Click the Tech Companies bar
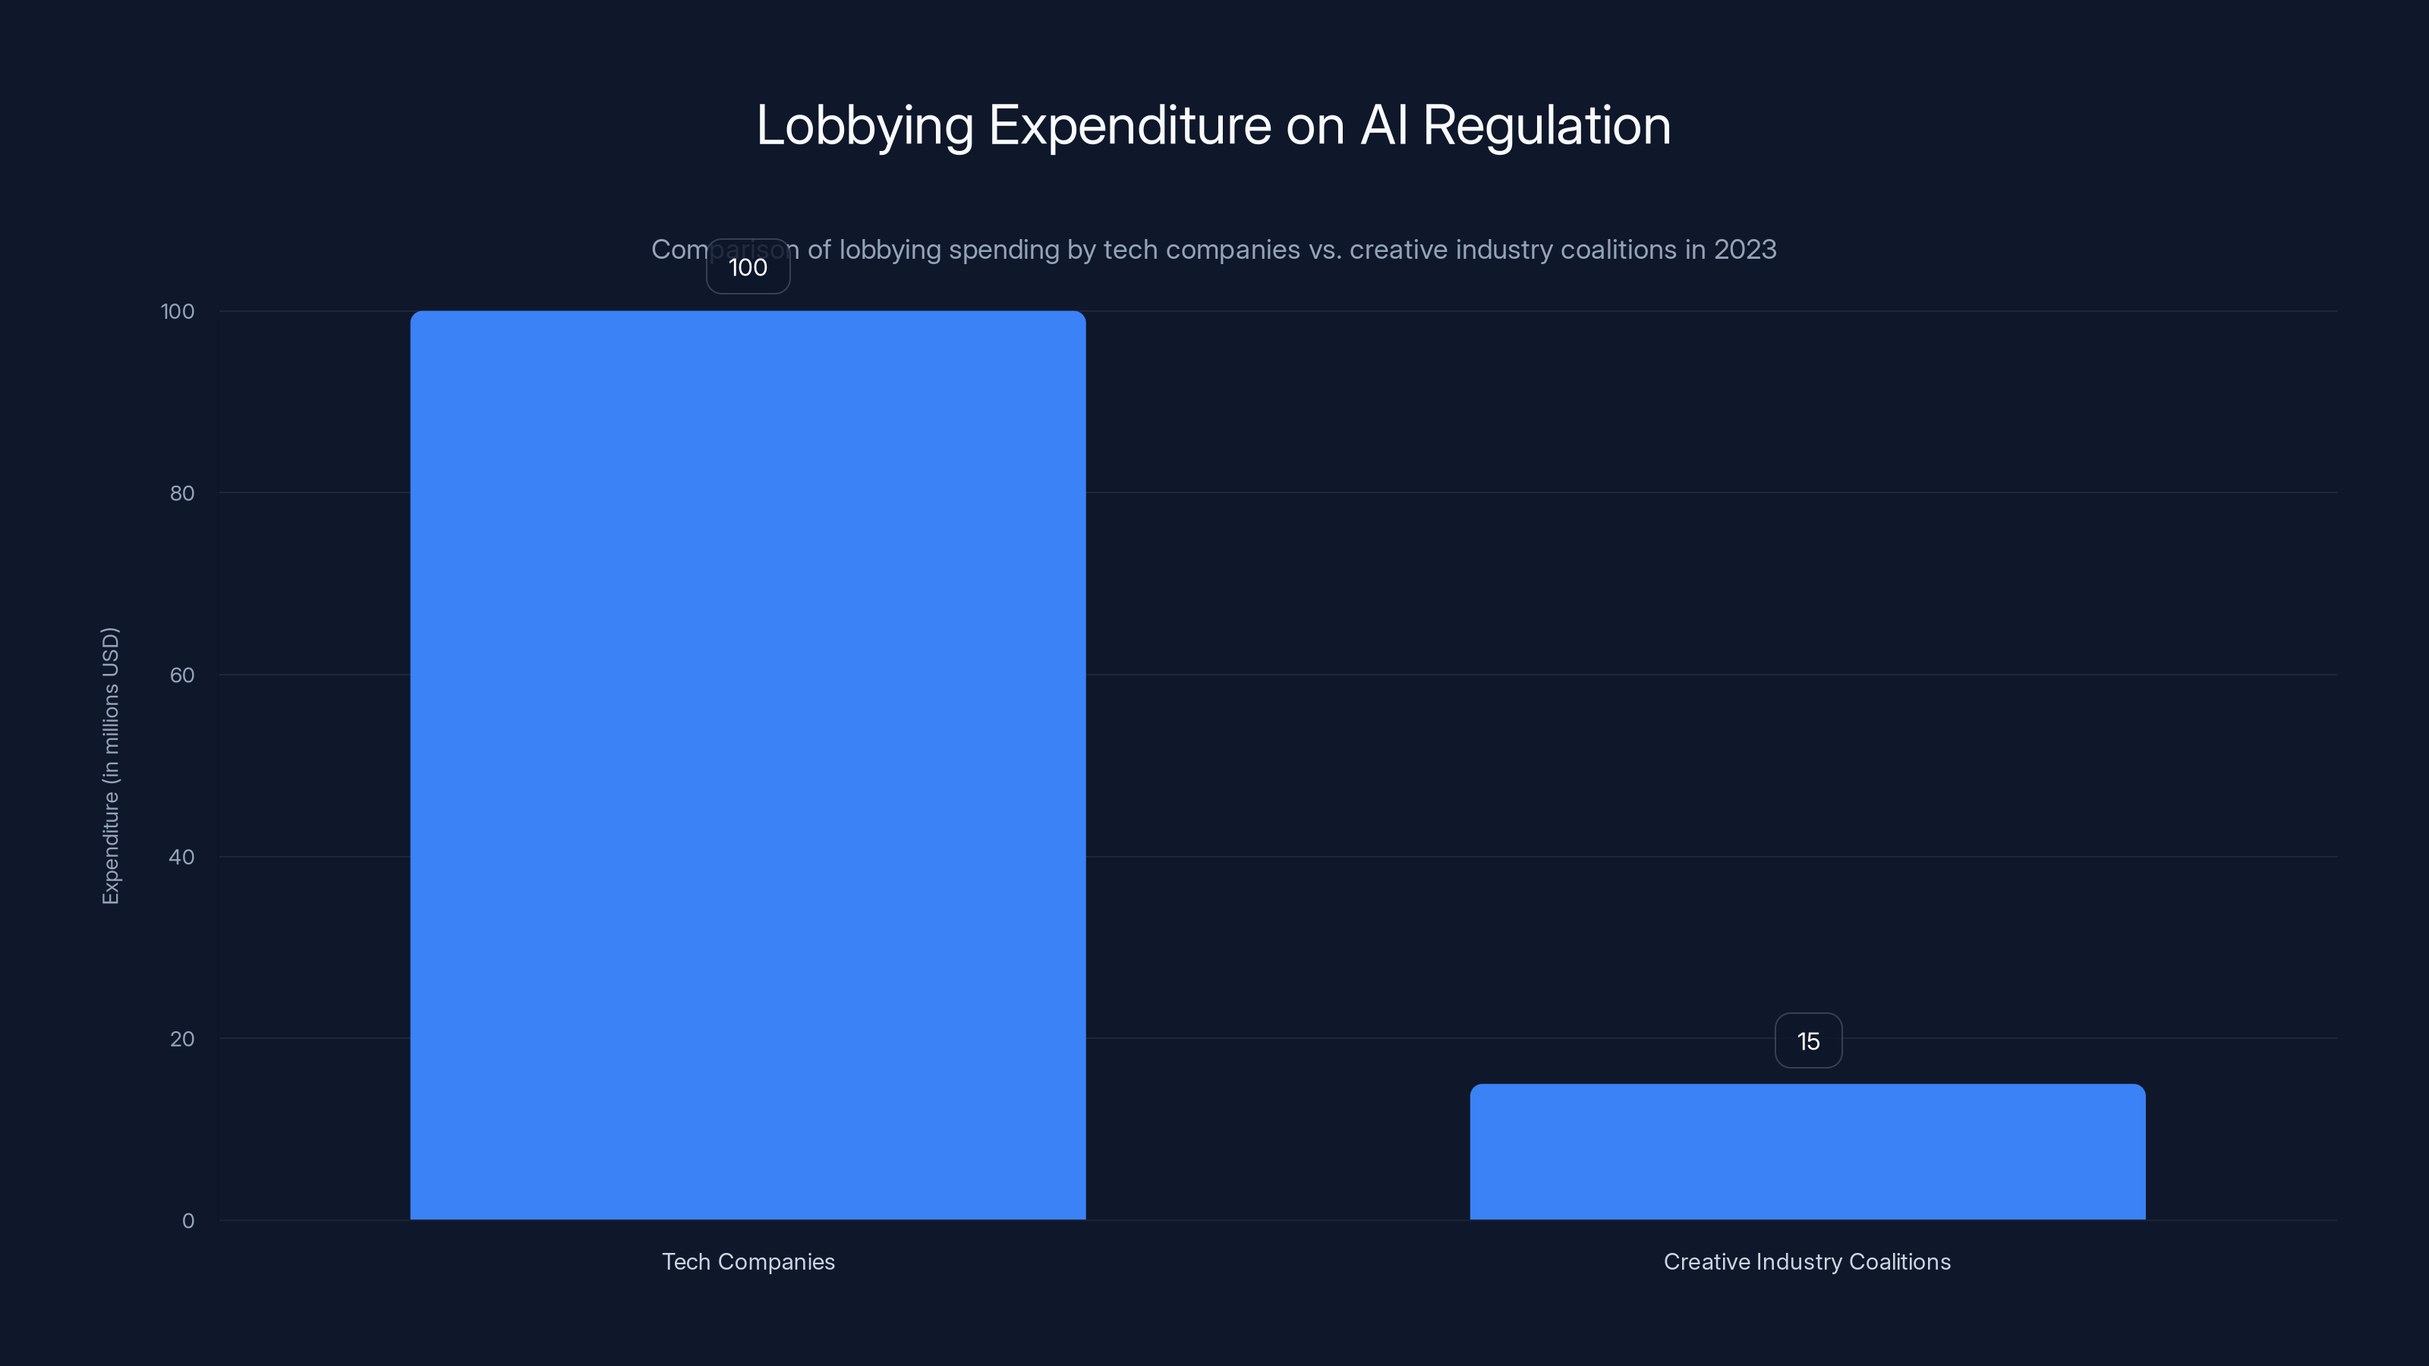pos(748,764)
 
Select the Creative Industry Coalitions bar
pos(1807,1151)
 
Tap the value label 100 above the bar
pos(748,268)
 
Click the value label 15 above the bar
pos(1807,1040)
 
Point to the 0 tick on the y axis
pos(187,1221)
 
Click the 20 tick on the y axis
pos(182,1039)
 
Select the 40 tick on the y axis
pos(182,857)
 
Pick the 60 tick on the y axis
pos(182,675)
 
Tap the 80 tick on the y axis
pos(182,493)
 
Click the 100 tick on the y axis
pos(178,311)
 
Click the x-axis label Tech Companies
pos(748,1261)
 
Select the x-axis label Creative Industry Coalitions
pos(1807,1261)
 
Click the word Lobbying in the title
pos(865,125)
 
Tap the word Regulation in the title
pos(1546,125)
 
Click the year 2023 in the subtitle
pos(1744,250)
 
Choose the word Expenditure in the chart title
pos(1129,125)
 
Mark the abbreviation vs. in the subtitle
pos(1324,250)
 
